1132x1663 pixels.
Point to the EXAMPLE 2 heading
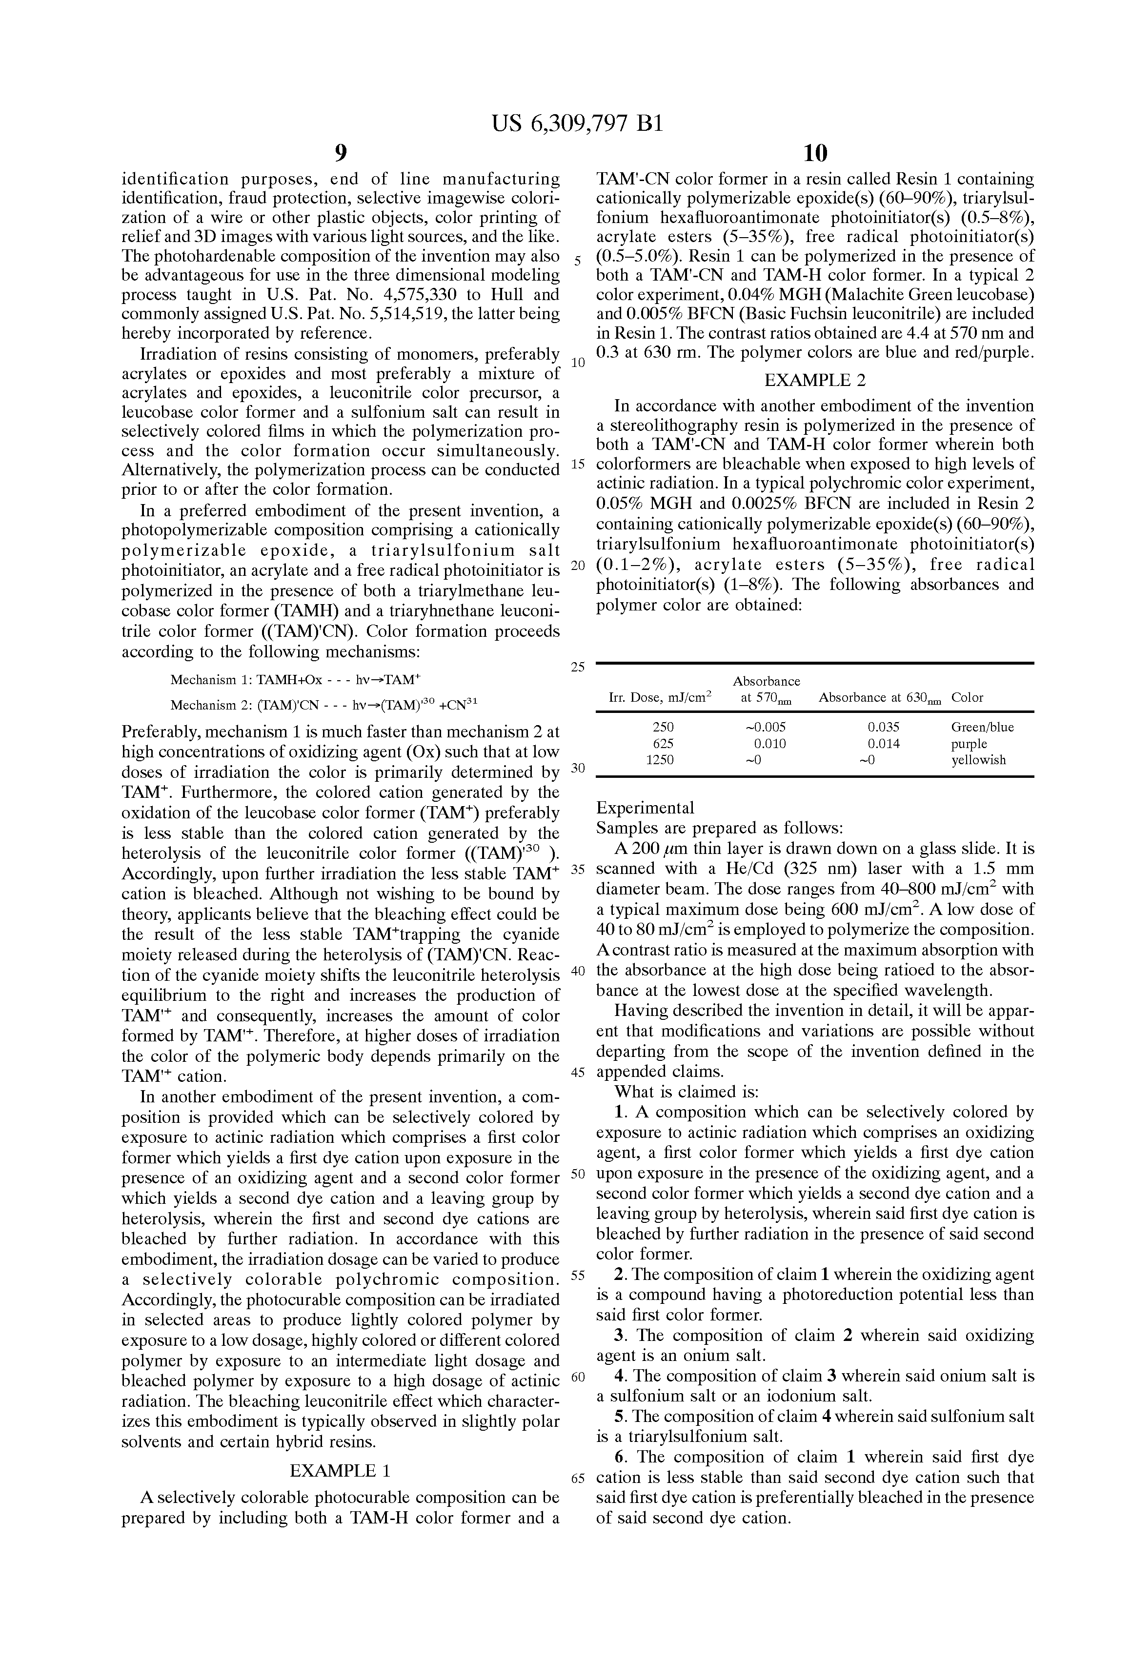click(815, 380)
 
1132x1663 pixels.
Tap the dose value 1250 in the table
click(659, 760)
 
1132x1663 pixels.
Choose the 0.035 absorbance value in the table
click(884, 727)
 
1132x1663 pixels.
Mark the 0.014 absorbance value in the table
click(884, 744)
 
